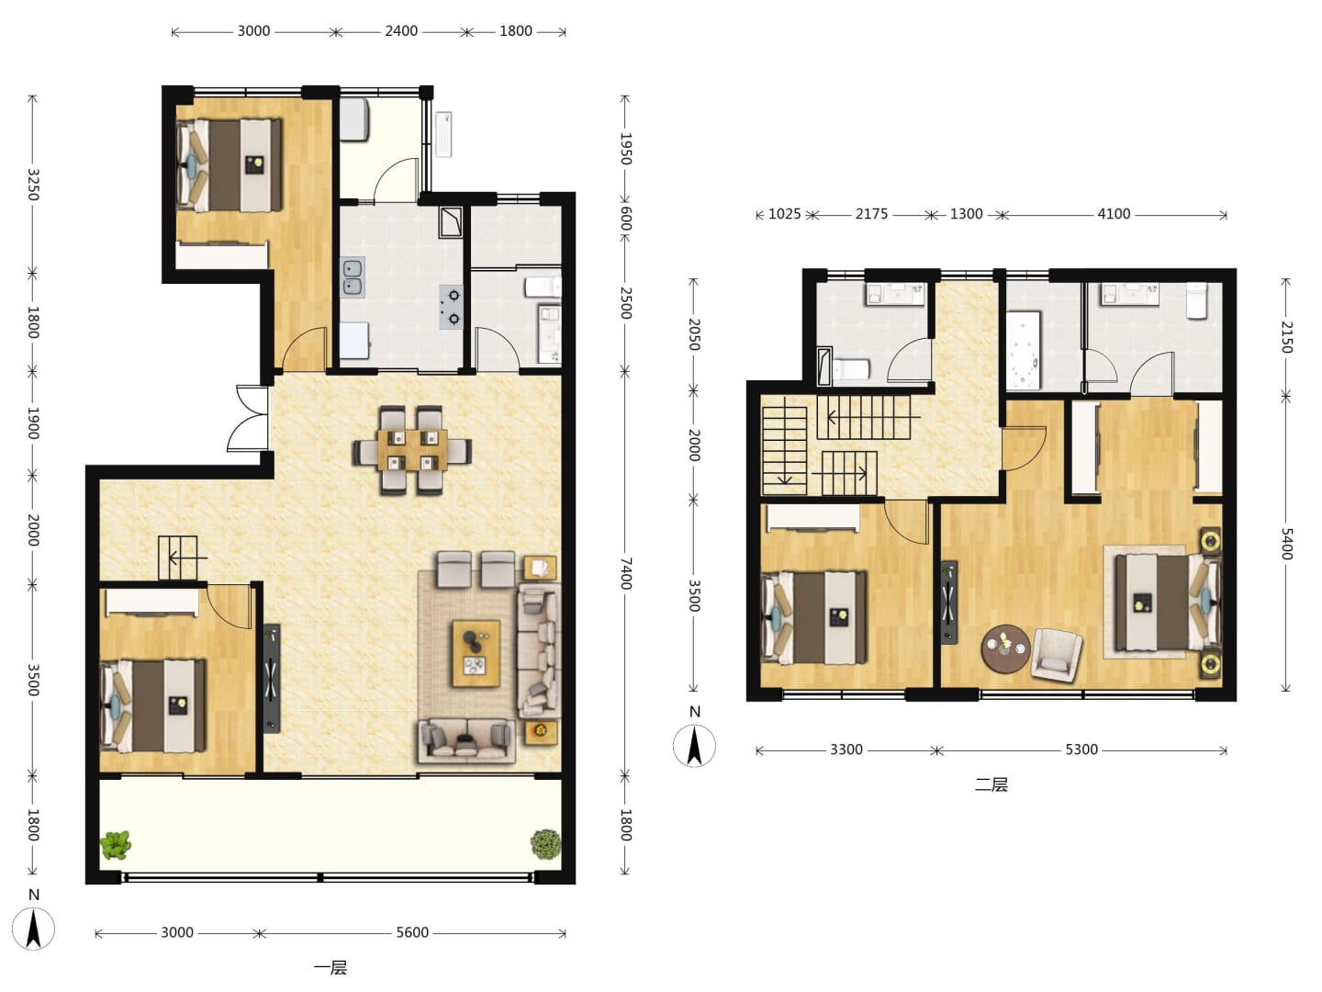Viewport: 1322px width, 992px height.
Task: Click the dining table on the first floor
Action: [412, 449]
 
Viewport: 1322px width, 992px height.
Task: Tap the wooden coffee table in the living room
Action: [476, 653]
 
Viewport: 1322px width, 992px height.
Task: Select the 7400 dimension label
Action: [626, 573]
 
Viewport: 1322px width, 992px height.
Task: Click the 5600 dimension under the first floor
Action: [412, 932]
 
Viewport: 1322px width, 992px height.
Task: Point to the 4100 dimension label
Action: [1114, 214]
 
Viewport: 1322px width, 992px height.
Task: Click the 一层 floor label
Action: [330, 968]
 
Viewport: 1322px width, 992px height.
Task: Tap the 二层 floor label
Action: [991, 784]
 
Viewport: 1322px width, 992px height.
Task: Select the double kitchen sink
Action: [353, 277]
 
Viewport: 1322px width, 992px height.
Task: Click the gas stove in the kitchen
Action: [452, 307]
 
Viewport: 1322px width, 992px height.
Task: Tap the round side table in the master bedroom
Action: [1005, 648]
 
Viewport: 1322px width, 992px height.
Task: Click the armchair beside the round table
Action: [1057, 653]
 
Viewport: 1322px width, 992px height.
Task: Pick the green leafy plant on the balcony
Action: [116, 844]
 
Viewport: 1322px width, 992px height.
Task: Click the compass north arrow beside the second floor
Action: [694, 745]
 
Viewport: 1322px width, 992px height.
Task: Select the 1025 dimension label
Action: [785, 214]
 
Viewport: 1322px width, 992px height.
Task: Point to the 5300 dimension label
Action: [1081, 750]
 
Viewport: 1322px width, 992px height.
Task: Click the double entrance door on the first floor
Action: [248, 418]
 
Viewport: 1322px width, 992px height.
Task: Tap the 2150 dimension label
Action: [1286, 337]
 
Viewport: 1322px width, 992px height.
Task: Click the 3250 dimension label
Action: [34, 185]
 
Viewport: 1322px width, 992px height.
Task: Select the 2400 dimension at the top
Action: [401, 30]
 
